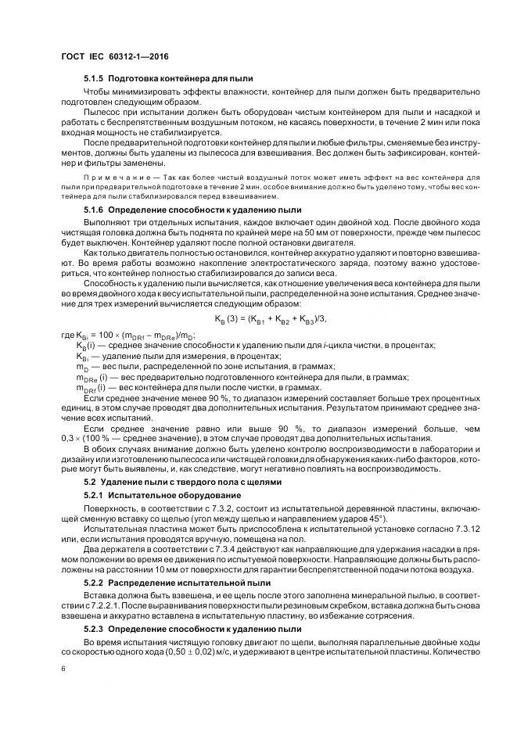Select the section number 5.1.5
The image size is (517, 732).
[93, 81]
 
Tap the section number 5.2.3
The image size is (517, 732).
[93, 628]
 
